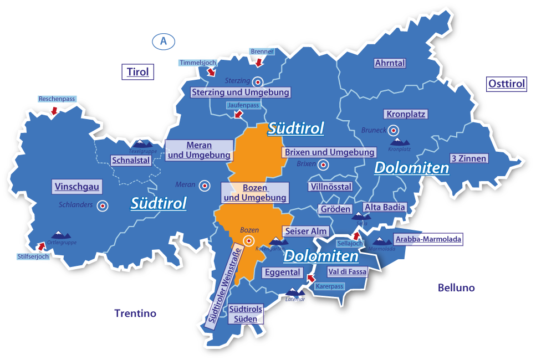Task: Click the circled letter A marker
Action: [163, 41]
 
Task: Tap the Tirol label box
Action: [137, 72]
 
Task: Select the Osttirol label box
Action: [506, 84]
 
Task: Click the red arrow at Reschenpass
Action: [54, 111]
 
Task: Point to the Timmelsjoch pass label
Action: [197, 63]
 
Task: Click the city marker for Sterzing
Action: [258, 81]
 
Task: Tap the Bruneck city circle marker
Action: [394, 131]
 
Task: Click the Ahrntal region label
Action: [390, 63]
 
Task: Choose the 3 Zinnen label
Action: [468, 158]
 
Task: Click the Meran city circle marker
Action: [205, 186]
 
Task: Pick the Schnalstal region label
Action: [131, 161]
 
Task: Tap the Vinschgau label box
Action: [77, 187]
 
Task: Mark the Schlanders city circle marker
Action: [102, 206]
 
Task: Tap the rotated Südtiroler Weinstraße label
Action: [222, 284]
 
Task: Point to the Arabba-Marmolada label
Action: [427, 239]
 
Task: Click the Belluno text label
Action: [456, 287]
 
